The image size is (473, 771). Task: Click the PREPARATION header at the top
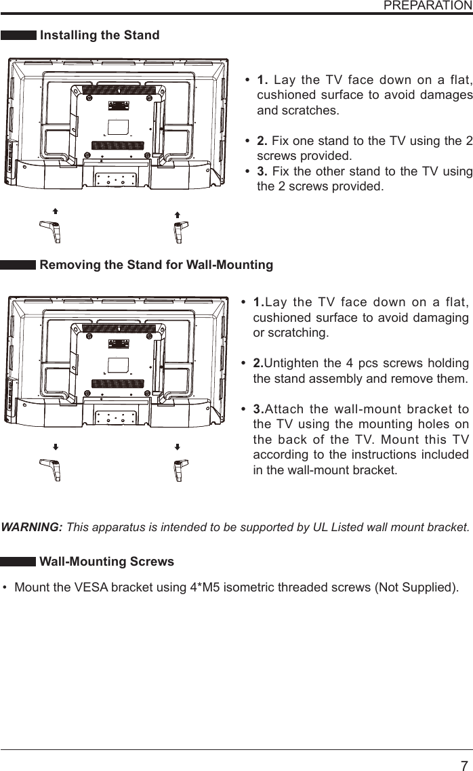click(427, 5)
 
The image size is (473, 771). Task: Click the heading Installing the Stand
click(100, 35)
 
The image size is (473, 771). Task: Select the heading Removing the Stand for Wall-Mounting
click(157, 265)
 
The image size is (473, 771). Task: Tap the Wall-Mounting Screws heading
click(107, 562)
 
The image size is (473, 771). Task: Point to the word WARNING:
click(33, 527)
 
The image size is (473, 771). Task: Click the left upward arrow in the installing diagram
click(55, 212)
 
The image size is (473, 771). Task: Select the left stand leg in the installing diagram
click(52, 231)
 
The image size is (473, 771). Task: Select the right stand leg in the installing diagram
click(178, 231)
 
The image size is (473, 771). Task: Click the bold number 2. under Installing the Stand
click(262, 141)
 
